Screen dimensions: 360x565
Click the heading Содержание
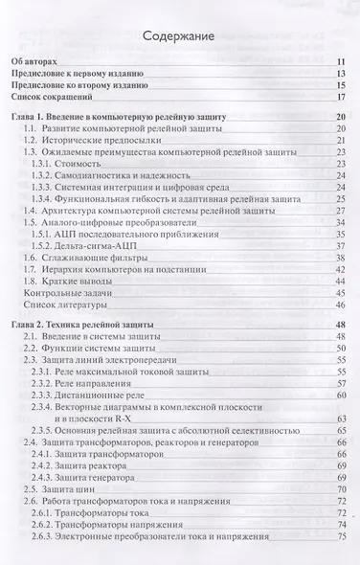click(180, 37)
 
